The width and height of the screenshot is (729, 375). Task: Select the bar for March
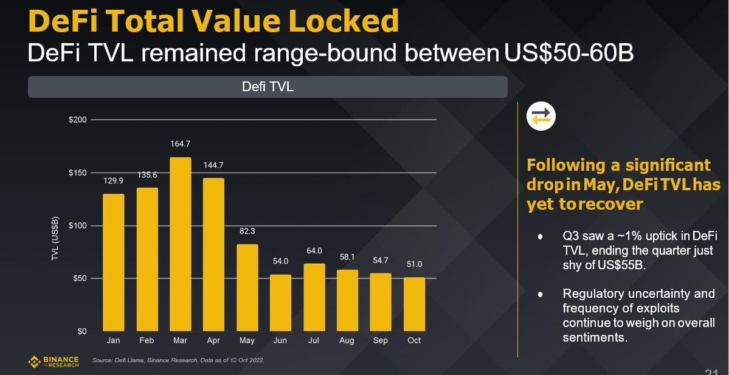tap(180, 244)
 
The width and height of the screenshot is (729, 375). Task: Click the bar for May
tap(247, 287)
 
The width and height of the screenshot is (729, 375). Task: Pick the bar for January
tap(113, 263)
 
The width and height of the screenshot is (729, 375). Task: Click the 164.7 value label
tap(180, 144)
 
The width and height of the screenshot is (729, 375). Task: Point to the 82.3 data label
tap(247, 231)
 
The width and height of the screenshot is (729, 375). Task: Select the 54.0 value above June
tap(280, 261)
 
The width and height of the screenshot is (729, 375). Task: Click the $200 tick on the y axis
tap(77, 120)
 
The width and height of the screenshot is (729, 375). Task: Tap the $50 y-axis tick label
tap(78, 278)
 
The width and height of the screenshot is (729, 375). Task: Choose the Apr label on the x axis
tap(213, 340)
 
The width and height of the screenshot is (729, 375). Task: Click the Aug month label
tap(347, 340)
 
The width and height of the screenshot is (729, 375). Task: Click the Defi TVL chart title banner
tap(268, 87)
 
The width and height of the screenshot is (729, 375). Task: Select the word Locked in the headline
tap(344, 21)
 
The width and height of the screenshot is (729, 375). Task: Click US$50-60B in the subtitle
tap(568, 53)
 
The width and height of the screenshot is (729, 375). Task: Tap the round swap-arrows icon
tap(541, 116)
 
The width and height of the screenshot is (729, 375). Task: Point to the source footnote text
tap(178, 360)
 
